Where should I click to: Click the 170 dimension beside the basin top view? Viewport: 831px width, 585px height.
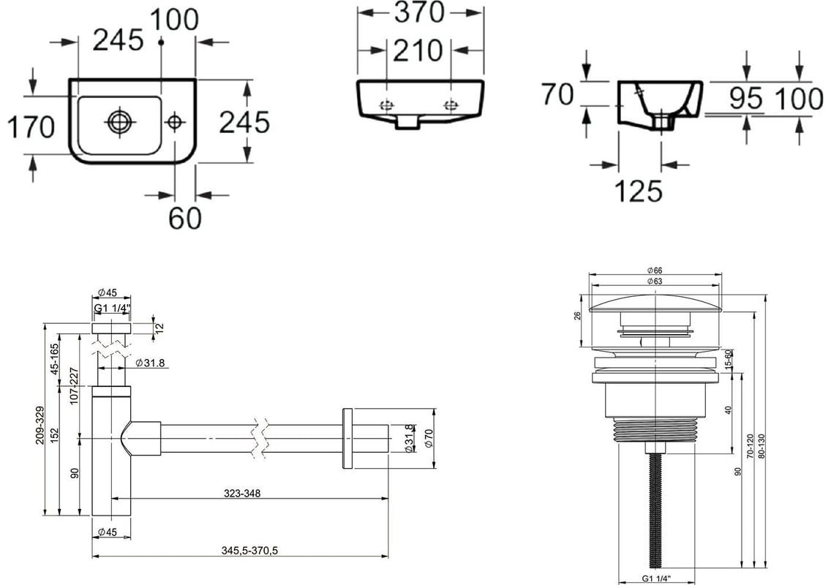coord(31,128)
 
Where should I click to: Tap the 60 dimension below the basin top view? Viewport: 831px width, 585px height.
coord(185,217)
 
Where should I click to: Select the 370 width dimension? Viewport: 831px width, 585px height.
coord(418,12)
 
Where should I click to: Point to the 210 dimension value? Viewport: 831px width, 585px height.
coord(418,51)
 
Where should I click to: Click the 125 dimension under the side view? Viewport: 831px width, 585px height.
coord(638,191)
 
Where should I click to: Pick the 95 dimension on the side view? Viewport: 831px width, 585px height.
coord(745,98)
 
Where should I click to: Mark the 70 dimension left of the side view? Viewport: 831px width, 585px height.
coord(557,94)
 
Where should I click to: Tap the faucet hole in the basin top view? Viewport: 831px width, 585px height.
coord(174,122)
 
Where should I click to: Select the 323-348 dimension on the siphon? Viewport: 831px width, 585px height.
coord(242,494)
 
